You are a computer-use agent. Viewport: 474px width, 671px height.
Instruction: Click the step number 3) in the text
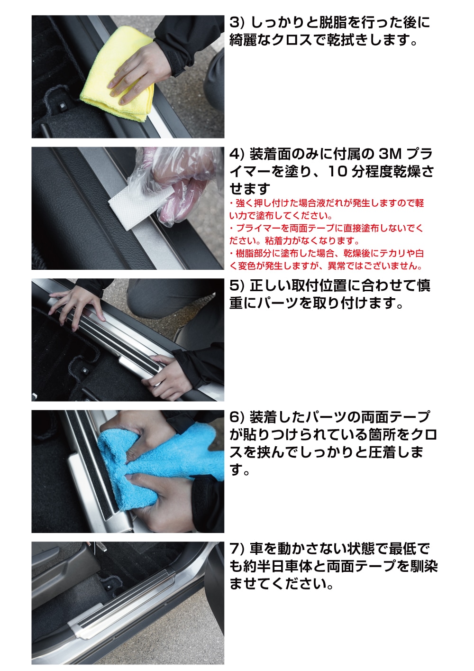coord(237,22)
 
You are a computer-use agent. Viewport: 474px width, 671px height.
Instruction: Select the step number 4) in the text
coord(237,154)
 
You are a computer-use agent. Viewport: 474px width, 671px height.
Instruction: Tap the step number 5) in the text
coord(237,285)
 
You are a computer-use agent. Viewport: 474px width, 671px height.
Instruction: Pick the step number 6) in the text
coord(237,417)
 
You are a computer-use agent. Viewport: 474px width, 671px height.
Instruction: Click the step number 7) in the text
coord(237,549)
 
